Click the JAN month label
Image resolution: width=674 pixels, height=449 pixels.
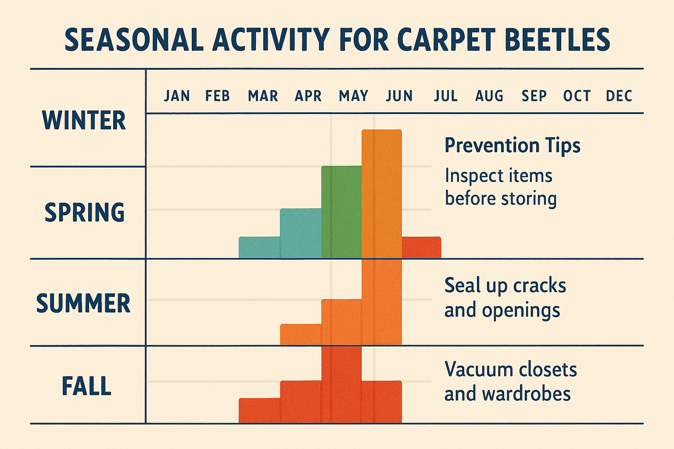[177, 96]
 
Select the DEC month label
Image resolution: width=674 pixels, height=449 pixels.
[619, 96]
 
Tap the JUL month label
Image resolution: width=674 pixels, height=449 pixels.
[445, 96]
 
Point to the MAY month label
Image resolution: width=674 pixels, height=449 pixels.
[353, 96]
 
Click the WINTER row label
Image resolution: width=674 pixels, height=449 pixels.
[84, 121]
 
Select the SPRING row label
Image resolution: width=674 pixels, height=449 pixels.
[85, 212]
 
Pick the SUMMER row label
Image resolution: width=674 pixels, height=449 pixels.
[83, 303]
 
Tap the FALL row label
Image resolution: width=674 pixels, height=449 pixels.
[86, 386]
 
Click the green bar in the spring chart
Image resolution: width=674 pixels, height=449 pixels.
[341, 212]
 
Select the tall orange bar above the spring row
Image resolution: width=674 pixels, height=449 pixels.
[381, 193]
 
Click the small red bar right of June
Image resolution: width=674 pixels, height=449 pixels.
[421, 247]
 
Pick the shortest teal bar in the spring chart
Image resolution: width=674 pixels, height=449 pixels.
[259, 247]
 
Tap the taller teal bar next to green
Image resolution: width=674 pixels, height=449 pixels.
[301, 233]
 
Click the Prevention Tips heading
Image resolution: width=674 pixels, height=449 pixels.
[512, 145]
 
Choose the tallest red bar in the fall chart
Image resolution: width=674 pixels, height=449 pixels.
[341, 384]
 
